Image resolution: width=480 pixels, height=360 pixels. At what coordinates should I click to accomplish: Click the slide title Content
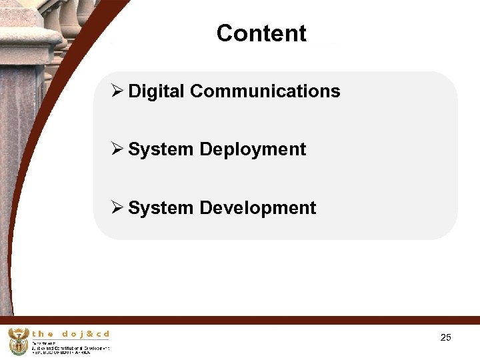point(261,33)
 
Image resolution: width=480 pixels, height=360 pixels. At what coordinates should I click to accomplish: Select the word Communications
point(265,91)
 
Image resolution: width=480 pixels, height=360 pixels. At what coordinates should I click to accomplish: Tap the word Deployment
point(253,149)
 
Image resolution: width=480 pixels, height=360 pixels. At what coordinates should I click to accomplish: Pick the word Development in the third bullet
point(257,208)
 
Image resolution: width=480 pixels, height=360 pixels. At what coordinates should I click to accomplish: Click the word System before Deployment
point(161,149)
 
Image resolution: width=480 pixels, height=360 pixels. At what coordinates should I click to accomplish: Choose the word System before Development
point(161,208)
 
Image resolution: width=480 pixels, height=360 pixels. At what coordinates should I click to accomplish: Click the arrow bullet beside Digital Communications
point(117,91)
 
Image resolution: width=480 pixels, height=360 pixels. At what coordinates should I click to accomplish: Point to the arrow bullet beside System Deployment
point(117,149)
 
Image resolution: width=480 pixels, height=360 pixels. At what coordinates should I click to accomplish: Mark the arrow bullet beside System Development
point(117,208)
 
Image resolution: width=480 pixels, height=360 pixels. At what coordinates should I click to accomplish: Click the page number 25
point(446,337)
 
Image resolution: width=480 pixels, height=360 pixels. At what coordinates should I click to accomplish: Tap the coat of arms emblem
point(18,341)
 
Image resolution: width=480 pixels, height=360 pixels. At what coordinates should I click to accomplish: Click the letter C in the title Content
point(225,33)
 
